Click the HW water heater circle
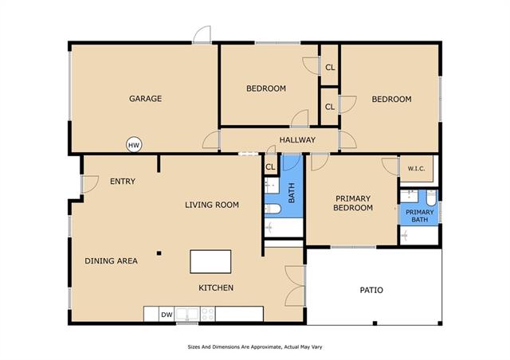tap(134, 145)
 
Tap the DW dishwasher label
tap(167, 315)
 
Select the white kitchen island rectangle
tap(210, 261)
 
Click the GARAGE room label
tap(145, 99)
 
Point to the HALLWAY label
tap(297, 140)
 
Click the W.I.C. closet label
tap(416, 169)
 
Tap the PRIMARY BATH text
tap(420, 216)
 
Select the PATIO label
tap(371, 290)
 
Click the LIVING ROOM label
tap(212, 205)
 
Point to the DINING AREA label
tap(111, 260)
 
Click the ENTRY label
tap(123, 182)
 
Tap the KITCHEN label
tap(216, 288)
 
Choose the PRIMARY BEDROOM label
tap(353, 203)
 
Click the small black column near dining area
tap(159, 253)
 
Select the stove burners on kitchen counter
tap(207, 314)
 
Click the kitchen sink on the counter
tap(187, 314)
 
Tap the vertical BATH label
tap(292, 193)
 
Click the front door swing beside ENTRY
tap(90, 185)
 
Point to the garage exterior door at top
tap(202, 34)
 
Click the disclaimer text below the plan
tap(255, 347)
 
